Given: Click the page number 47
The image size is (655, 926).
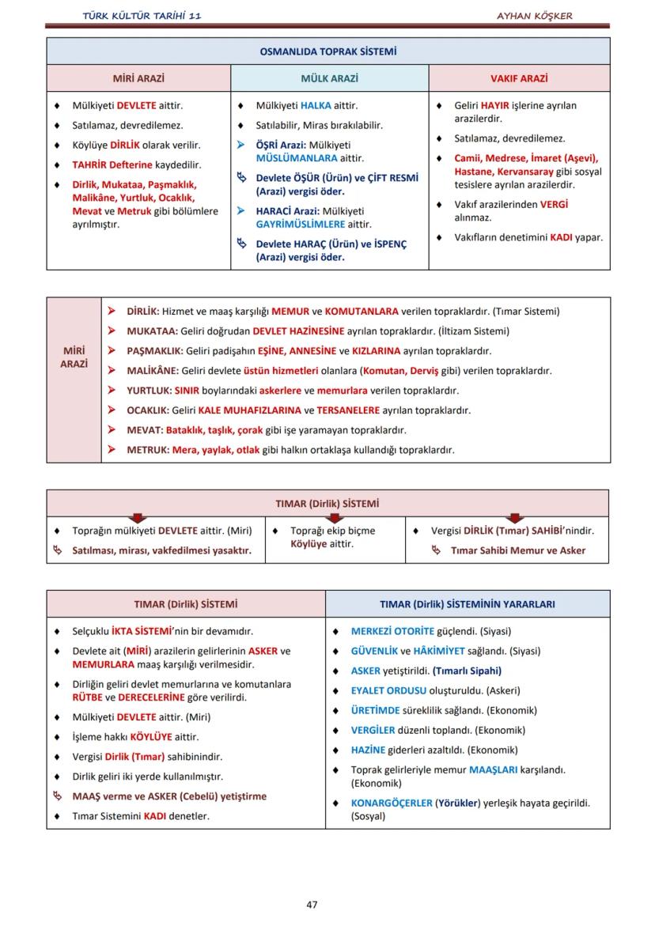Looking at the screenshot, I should (x=312, y=904).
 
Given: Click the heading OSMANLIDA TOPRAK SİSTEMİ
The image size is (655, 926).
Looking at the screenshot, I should (x=327, y=51).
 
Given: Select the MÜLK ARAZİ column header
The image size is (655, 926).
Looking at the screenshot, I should (x=329, y=79).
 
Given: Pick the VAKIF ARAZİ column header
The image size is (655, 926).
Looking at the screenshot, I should (x=519, y=79).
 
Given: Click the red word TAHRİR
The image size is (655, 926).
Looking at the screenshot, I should (x=92, y=165).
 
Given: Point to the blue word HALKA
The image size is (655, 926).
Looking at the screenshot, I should (x=316, y=105).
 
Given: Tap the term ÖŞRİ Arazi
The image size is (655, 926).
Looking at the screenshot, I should (x=280, y=146).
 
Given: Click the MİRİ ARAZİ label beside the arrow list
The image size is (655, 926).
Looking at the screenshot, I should (x=74, y=357).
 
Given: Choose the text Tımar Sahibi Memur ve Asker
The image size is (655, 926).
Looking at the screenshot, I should (x=518, y=550).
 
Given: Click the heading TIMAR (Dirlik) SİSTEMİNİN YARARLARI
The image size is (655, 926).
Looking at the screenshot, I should (x=467, y=604).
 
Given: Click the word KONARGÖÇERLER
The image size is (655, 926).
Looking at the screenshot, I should (x=392, y=803).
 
